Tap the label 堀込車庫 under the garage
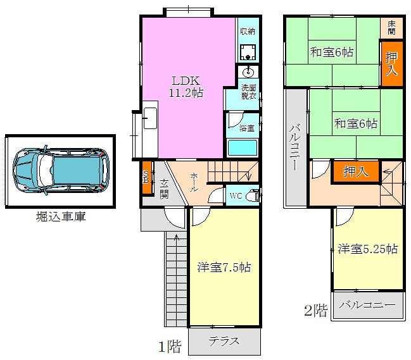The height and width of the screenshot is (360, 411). click(61, 217)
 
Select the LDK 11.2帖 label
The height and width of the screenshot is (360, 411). click(186, 87)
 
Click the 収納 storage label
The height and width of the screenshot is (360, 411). click(248, 31)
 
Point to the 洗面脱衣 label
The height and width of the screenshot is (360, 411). click(248, 92)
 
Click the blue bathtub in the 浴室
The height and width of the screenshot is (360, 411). click(242, 148)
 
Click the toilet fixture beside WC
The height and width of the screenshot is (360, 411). click(252, 195)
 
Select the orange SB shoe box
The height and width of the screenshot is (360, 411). click(146, 177)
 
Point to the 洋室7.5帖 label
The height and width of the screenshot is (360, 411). click(224, 267)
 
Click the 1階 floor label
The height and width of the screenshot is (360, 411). click(170, 347)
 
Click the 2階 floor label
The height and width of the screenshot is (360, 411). click(315, 311)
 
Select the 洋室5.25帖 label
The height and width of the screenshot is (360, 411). click(368, 249)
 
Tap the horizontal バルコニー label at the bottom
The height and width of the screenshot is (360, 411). click(367, 305)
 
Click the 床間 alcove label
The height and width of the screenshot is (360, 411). click(392, 27)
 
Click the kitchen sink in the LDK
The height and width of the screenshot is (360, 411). click(150, 119)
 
